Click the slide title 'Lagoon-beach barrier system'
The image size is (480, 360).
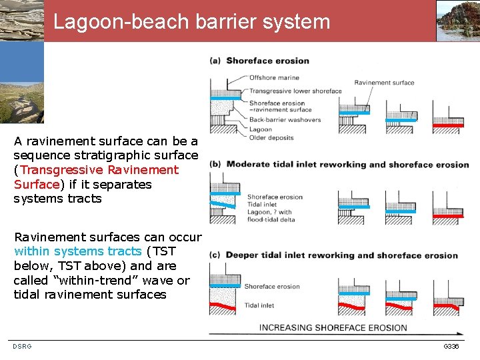192,22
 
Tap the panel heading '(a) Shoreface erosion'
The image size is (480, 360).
260,61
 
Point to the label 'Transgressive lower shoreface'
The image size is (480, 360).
295,91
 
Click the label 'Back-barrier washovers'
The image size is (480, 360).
285,120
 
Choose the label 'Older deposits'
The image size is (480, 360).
271,138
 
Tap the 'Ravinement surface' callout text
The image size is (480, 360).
384,83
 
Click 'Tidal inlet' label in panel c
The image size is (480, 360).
259,305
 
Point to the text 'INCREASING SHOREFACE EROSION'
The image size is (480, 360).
333,327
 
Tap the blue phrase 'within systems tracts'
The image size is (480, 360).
77,251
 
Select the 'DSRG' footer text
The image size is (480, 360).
22,347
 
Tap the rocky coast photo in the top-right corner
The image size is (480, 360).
458,21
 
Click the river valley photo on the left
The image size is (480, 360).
22,100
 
